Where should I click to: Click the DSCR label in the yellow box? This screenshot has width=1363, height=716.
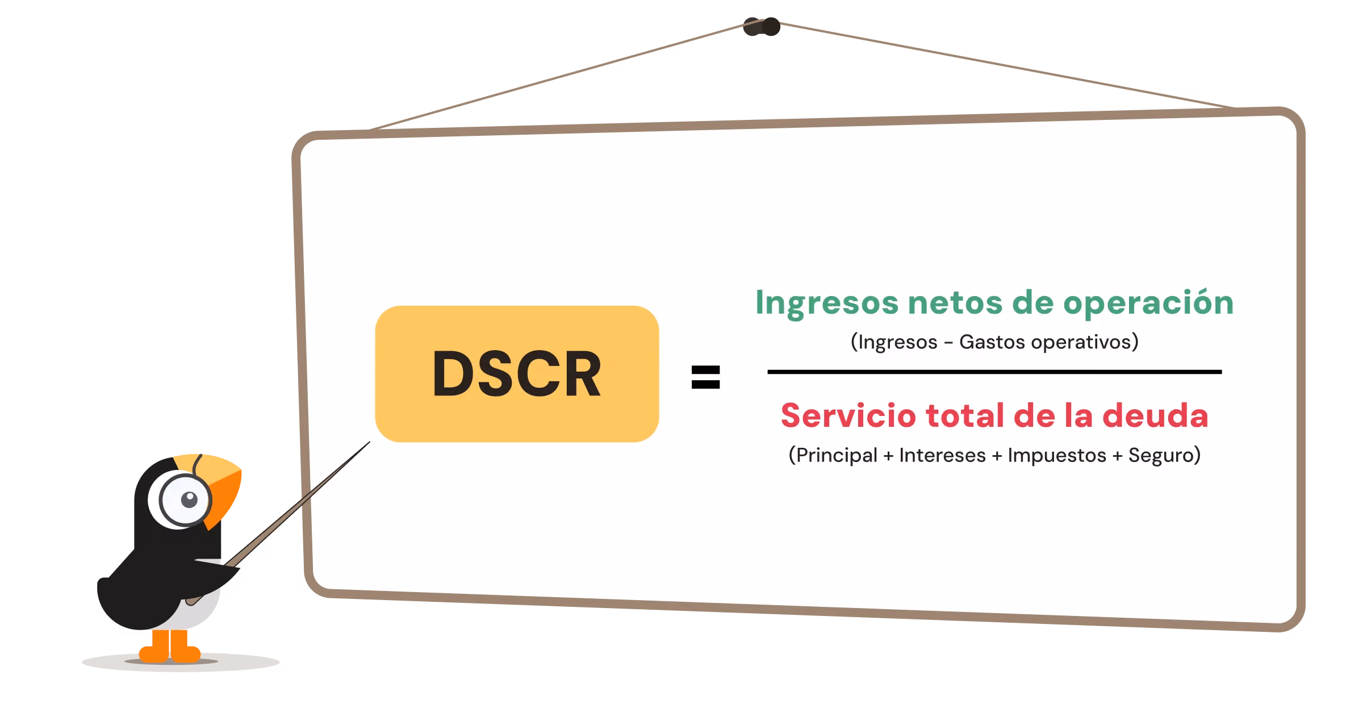click(x=516, y=373)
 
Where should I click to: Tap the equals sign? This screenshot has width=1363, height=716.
click(x=705, y=377)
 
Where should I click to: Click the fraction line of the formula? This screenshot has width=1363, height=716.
click(x=994, y=372)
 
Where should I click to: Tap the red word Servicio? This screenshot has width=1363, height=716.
click(x=848, y=415)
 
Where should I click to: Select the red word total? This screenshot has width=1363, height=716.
click(x=965, y=415)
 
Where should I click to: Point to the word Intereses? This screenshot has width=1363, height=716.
click(x=942, y=456)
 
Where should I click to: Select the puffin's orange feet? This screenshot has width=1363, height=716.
click(x=170, y=647)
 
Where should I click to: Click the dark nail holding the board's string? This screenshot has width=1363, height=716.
click(x=762, y=27)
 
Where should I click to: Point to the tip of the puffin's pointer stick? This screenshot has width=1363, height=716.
click(x=370, y=442)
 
